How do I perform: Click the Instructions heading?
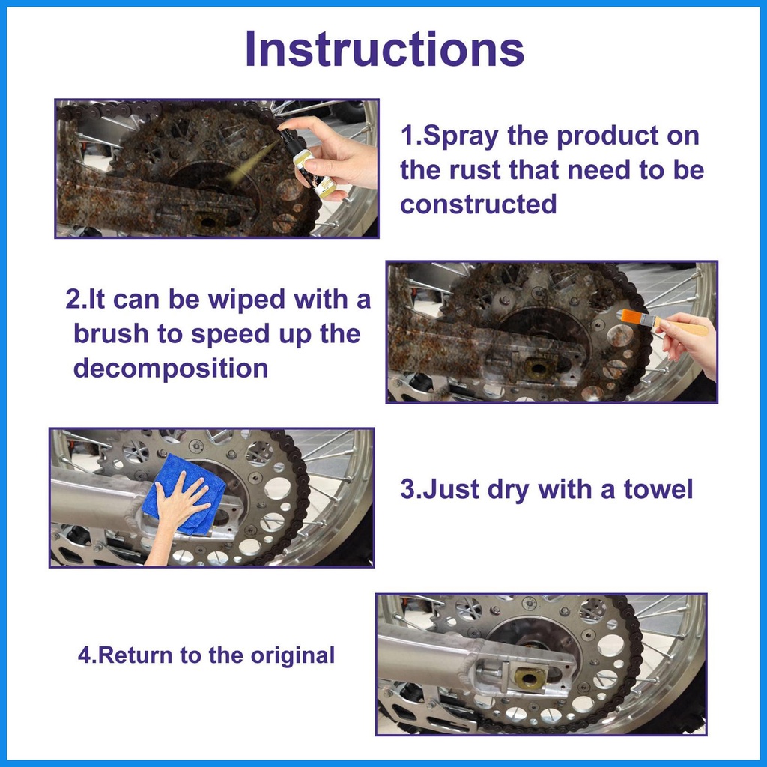384,49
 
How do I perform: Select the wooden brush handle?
685,326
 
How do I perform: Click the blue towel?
186,494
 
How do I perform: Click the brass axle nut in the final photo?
530,678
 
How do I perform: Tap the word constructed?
479,204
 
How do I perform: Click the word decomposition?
171,368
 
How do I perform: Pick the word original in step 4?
293,655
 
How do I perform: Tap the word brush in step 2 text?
111,333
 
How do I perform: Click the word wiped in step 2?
246,300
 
